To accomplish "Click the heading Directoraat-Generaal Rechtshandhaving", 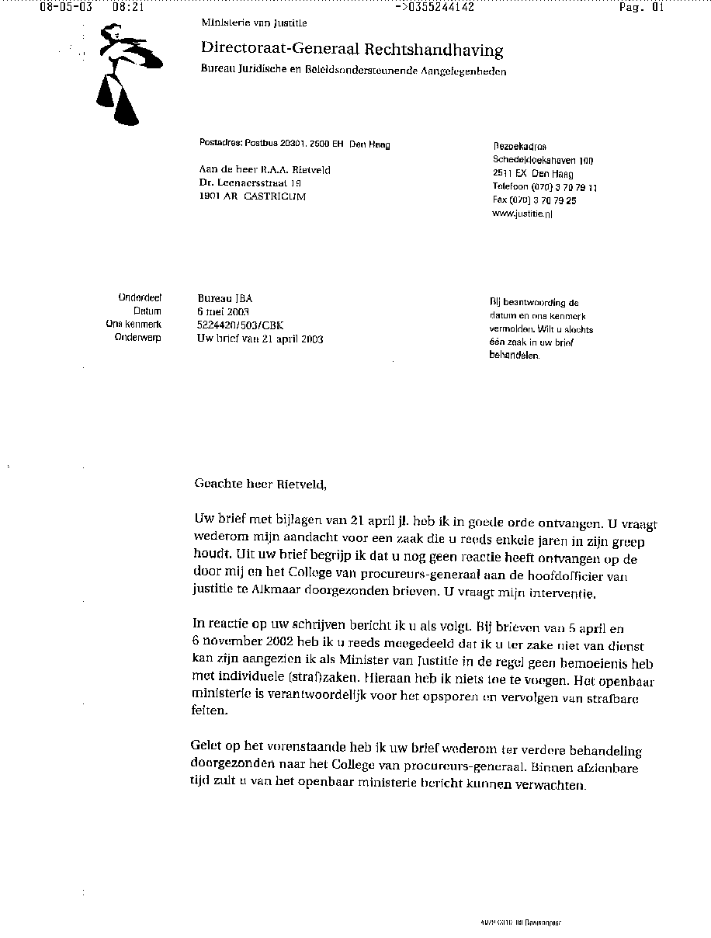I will point(352,50).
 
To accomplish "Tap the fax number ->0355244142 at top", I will point(435,8).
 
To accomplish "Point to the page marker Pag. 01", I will point(641,8).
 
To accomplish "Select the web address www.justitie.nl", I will point(522,214).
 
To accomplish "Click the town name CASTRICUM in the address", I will point(275,196).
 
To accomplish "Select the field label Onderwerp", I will point(137,338).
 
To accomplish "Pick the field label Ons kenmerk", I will point(134,325).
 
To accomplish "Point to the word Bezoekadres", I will point(519,147).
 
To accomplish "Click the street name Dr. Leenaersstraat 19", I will point(249,183).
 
